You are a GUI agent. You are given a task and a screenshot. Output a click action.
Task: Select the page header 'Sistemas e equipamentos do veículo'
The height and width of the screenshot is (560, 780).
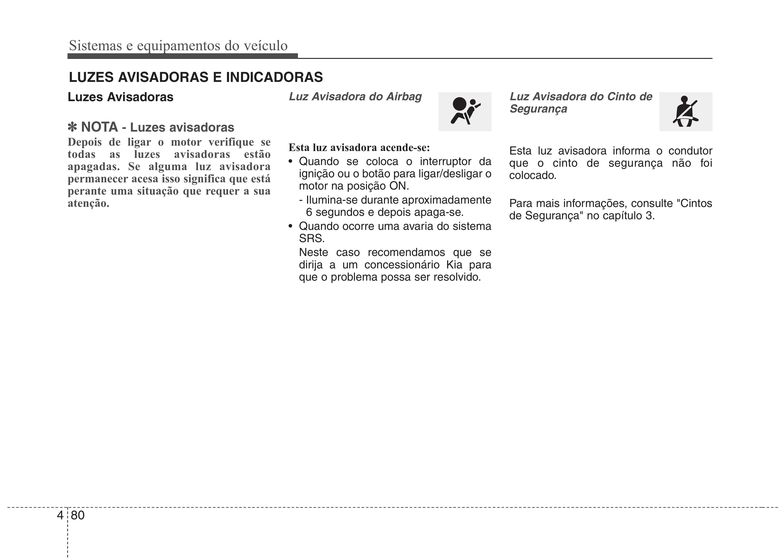[x=178, y=45]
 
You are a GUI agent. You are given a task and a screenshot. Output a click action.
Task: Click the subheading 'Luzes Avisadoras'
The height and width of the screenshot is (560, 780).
[x=120, y=97]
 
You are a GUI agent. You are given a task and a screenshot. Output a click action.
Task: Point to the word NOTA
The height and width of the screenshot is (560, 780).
[x=99, y=127]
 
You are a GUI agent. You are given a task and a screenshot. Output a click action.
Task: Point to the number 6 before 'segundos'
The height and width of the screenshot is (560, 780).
[x=309, y=212]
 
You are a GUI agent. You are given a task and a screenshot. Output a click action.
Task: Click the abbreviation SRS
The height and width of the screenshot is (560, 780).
[x=311, y=238]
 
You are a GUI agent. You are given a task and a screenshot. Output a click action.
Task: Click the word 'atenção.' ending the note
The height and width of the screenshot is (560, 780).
[x=88, y=203]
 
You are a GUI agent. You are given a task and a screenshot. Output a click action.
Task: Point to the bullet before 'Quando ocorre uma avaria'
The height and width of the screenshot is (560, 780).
[x=291, y=226]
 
